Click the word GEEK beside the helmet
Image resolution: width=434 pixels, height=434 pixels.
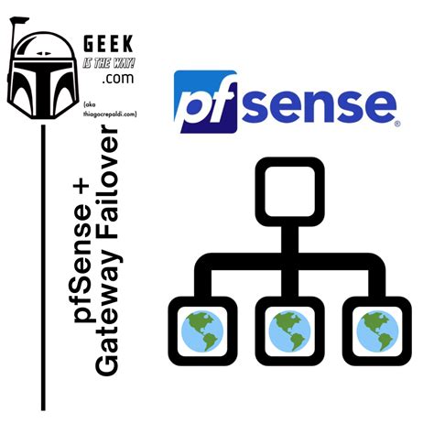pyautogui.click(x=108, y=44)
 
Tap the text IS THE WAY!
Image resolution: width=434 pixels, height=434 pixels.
pyautogui.click(x=109, y=63)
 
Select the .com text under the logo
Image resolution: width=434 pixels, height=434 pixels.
pyautogui.click(x=118, y=78)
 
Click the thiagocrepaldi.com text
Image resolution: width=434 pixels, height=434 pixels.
pyautogui.click(x=110, y=114)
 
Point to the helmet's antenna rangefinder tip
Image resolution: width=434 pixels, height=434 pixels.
pyautogui.click(x=19, y=20)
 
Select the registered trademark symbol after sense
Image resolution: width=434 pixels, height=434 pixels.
pyautogui.click(x=397, y=124)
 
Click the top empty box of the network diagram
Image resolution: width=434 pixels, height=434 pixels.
pyautogui.click(x=289, y=191)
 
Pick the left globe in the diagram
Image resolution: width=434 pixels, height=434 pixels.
pyautogui.click(x=202, y=331)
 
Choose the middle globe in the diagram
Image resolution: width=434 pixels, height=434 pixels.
pyautogui.click(x=289, y=331)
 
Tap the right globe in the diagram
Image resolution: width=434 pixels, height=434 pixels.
pyautogui.click(x=377, y=331)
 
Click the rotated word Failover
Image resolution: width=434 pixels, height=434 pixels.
pyautogui.click(x=107, y=184)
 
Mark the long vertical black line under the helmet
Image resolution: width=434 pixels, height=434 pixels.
pyautogui.click(x=43, y=267)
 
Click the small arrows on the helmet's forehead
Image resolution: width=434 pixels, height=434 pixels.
pyautogui.click(x=43, y=53)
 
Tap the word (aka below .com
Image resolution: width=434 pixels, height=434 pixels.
pyautogui.click(x=90, y=104)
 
